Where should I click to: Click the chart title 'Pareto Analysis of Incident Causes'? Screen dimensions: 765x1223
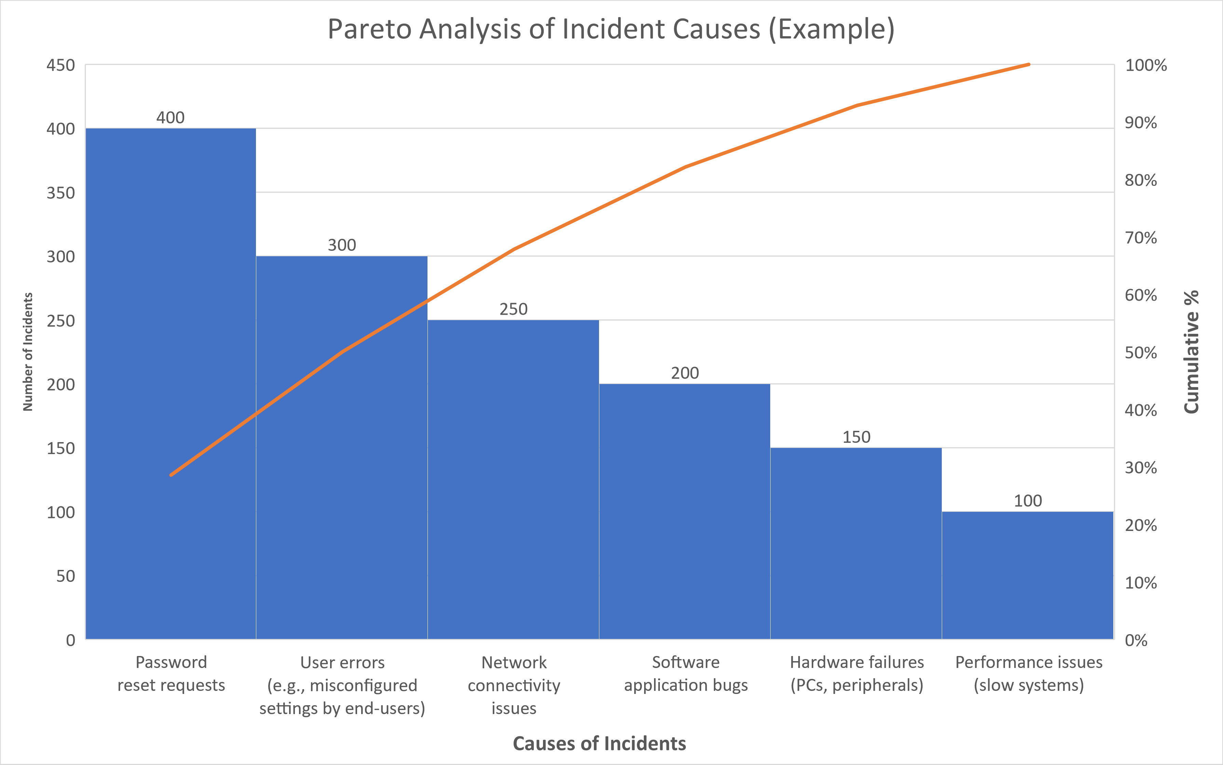[x=611, y=29]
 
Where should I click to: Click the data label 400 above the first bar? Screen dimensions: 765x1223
[x=171, y=118]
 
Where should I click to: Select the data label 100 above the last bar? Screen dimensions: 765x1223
[x=1028, y=501]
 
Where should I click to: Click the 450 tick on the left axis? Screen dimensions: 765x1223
[x=61, y=65]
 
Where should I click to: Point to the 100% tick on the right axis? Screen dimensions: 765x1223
[x=1145, y=65]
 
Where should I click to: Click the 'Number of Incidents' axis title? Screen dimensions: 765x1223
[x=28, y=352]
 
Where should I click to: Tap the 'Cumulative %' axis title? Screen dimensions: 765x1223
[x=1191, y=352]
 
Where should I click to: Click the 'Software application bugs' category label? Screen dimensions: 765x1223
[x=685, y=673]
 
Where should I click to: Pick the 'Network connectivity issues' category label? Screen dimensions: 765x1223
[x=514, y=685]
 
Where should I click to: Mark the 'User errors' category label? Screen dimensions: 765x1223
[x=342, y=685]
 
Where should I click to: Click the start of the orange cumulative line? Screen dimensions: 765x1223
[x=171, y=475]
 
